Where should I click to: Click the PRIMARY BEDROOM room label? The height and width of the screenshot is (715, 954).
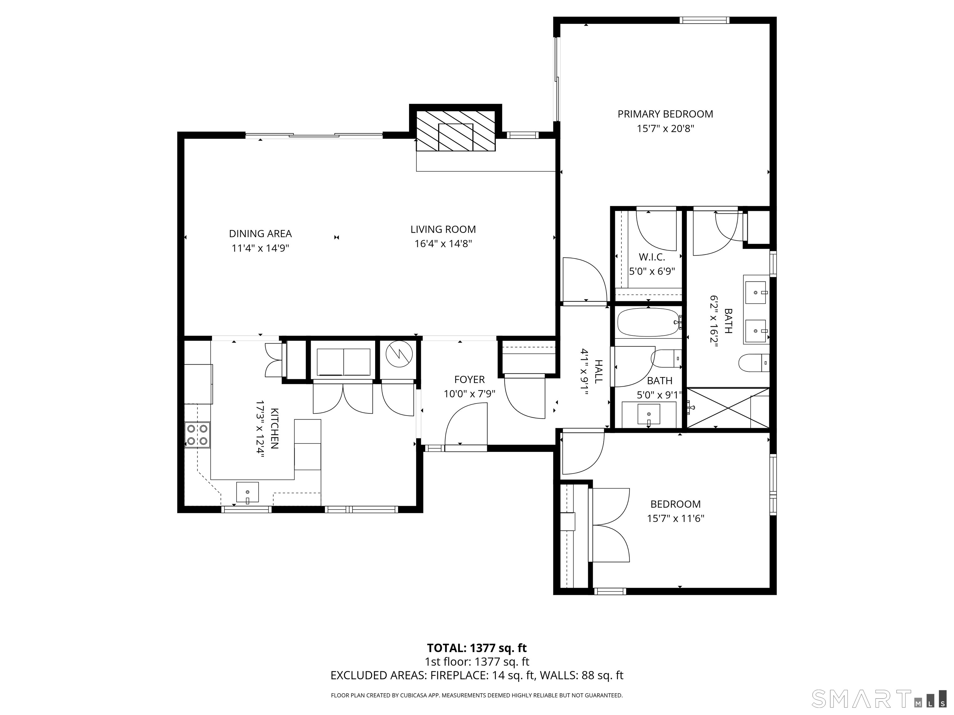click(x=665, y=114)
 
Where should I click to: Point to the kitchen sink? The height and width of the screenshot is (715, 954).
click(x=248, y=492)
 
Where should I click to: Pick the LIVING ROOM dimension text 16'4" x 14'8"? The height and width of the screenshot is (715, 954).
click(x=443, y=244)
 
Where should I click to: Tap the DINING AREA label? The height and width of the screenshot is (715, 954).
click(x=260, y=234)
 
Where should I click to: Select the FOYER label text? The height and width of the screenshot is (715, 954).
click(x=469, y=380)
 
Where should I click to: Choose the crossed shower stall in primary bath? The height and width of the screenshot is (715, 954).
click(x=728, y=408)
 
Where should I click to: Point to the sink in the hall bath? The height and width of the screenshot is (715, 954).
click(x=649, y=414)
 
